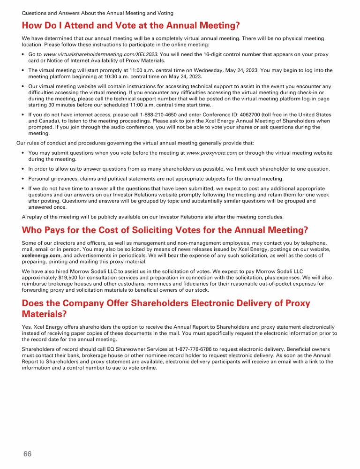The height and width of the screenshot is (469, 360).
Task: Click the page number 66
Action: pos(28,454)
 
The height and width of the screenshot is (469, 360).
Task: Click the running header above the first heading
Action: pos(97,13)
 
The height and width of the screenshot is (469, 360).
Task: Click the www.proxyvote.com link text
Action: pos(212,153)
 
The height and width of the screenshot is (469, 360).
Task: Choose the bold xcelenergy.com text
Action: pos(41,255)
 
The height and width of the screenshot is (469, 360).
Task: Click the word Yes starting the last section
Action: pos(27,327)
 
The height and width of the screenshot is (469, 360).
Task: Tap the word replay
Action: pos(35,217)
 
